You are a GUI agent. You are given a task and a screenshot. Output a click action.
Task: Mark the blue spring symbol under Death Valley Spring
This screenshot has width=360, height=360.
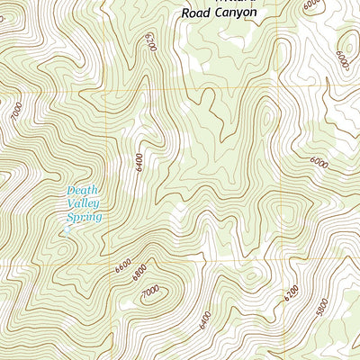pos(67,230)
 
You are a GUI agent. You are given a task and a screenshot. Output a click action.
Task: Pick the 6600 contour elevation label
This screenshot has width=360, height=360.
pos(122,267)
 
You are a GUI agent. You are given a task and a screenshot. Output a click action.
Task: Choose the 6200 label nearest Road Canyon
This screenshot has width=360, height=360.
pos(149,40)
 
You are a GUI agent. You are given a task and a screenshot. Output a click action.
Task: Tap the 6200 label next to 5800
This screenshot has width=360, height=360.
pos(291,294)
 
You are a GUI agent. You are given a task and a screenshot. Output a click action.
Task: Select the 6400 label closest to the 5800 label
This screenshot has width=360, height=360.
pos(204,319)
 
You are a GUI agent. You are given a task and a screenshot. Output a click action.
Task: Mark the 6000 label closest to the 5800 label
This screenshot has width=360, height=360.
pos(318,163)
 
